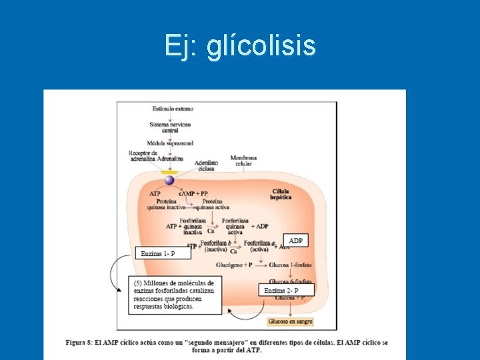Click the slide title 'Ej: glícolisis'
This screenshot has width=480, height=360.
pos(240,47)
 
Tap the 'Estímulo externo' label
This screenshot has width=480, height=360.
pos(170,108)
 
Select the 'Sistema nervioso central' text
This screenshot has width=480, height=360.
pos(170,127)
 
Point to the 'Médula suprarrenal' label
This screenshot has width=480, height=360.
pos(170,143)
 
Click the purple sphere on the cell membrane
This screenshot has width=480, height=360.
pos(169,179)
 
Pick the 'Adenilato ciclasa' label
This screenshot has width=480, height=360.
pos(207,165)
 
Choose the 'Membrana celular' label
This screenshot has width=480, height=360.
pos(243,161)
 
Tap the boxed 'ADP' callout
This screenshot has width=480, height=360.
pos(295,240)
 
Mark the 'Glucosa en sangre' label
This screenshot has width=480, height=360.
pos(290,321)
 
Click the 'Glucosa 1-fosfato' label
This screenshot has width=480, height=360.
pos(291,265)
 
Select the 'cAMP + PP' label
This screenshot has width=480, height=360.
pos(213,193)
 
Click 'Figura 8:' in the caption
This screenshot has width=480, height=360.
pos(83,342)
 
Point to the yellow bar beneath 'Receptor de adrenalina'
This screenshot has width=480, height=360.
pos(170,172)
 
